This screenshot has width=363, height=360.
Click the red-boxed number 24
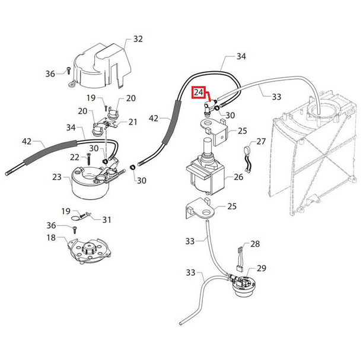(200, 93)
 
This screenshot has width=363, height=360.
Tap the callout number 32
(138, 39)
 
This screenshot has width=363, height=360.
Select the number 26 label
(238, 176)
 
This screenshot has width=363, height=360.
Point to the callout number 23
(57, 176)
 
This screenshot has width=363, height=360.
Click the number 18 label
(51, 238)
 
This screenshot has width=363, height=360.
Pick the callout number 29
(262, 269)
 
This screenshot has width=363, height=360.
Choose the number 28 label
(255, 244)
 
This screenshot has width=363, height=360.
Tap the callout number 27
(261, 142)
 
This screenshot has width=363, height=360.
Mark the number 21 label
(133, 122)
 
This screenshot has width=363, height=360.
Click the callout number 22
(74, 157)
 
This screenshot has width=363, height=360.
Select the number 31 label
(106, 219)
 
